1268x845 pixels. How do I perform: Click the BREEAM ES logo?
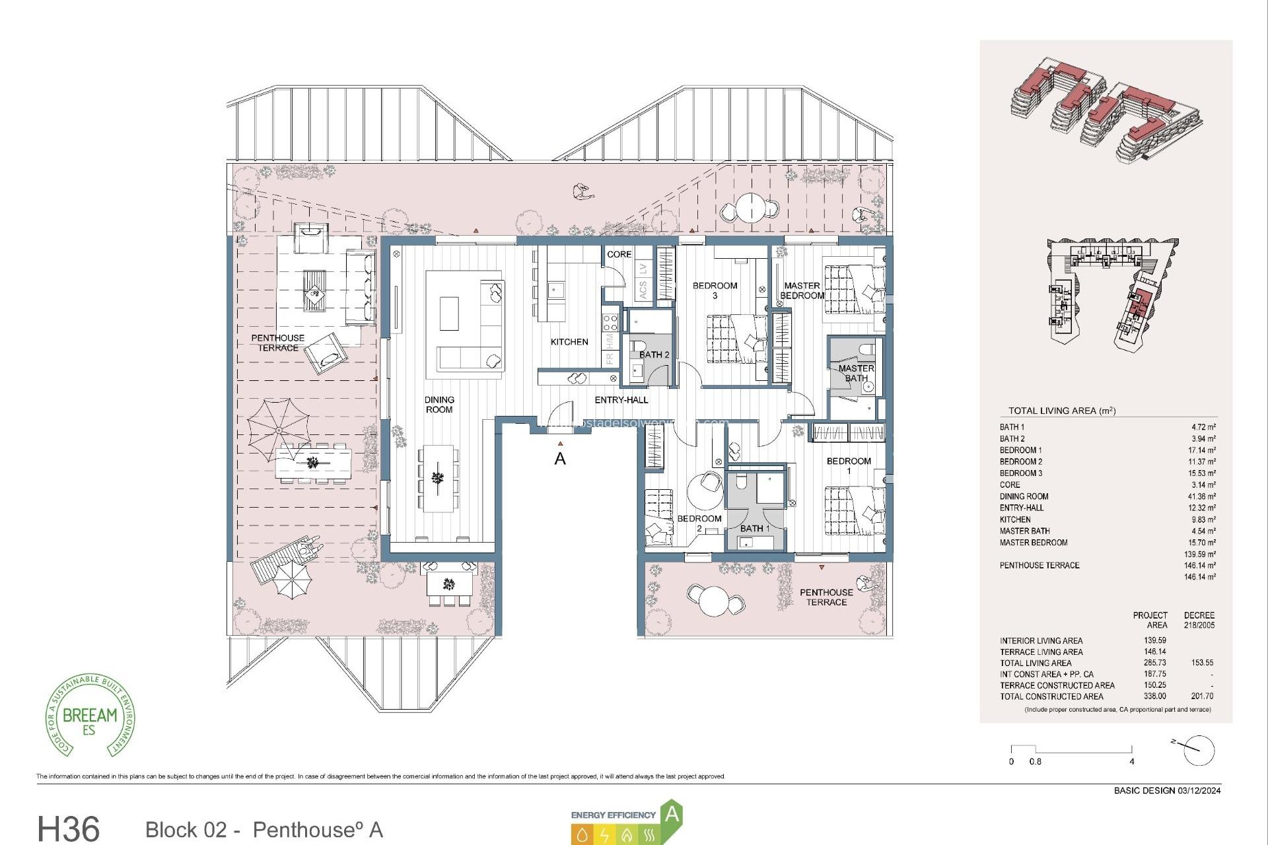[90, 716]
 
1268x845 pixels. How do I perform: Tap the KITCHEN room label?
[569, 342]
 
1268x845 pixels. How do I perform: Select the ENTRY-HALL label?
[621, 400]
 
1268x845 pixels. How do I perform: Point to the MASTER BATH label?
[856, 373]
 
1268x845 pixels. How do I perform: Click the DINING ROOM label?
[439, 405]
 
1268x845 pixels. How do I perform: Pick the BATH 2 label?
[654, 355]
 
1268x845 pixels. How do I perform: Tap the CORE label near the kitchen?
[619, 254]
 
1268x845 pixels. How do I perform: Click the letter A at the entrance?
[560, 459]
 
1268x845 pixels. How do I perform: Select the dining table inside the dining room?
[438, 478]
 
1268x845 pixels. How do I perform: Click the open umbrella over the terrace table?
[279, 429]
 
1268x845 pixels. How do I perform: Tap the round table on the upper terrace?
[751, 207]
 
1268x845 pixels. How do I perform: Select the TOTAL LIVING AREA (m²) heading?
[1061, 411]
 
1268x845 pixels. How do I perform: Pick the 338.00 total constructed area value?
[1154, 696]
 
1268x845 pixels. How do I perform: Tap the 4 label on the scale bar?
[1131, 762]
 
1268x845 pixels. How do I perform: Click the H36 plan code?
[69, 828]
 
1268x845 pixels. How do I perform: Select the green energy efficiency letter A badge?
[672, 815]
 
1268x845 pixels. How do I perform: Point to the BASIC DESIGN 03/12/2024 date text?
[1167, 790]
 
